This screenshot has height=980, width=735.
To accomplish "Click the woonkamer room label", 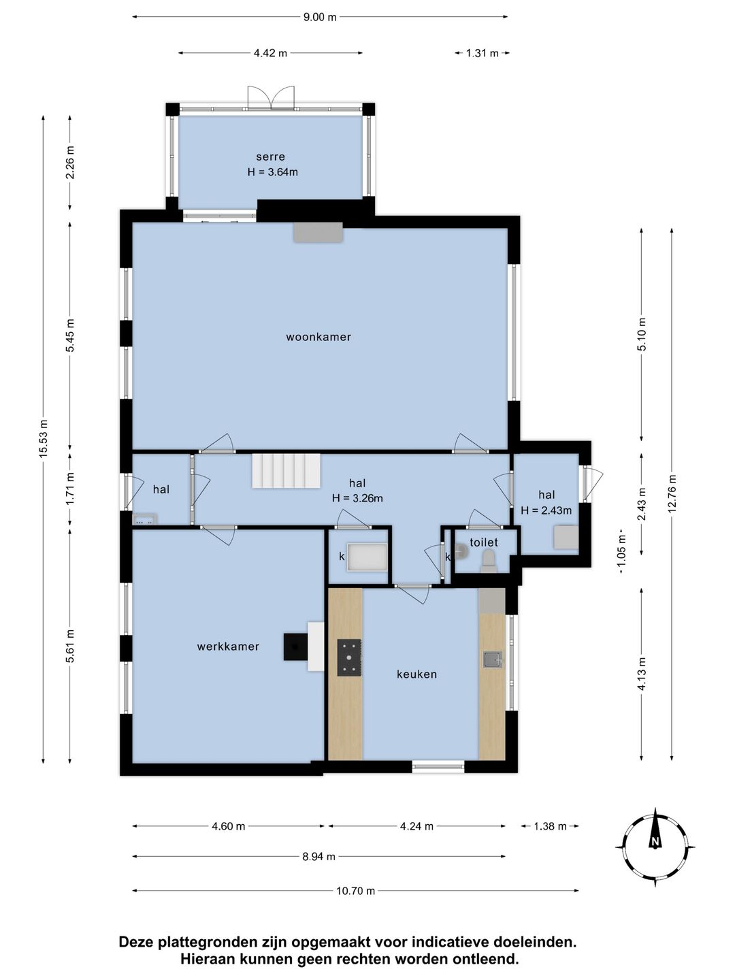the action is click(x=318, y=337).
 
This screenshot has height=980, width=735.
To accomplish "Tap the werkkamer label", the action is click(x=228, y=647).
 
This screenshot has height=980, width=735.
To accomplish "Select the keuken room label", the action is click(x=416, y=674).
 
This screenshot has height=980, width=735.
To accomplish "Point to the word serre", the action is click(x=270, y=157).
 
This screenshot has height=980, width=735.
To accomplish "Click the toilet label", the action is click(x=484, y=542).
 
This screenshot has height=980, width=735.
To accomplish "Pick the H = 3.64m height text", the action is click(x=272, y=172).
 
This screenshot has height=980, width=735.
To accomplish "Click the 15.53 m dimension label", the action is click(x=44, y=439).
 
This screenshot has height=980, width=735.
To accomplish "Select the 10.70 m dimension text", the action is click(x=355, y=891).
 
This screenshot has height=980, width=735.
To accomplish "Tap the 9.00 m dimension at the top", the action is click(x=320, y=18).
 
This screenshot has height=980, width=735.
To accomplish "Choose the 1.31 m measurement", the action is click(x=482, y=53).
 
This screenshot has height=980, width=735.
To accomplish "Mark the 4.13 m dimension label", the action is click(x=642, y=674).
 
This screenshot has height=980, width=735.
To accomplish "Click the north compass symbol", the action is click(x=655, y=847).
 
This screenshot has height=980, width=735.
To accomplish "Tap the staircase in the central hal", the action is click(x=287, y=471).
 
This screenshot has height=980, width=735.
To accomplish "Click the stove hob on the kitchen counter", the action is click(x=349, y=657).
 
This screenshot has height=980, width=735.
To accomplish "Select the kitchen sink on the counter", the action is click(x=493, y=659).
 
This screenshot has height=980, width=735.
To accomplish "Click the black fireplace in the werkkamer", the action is click(x=295, y=647).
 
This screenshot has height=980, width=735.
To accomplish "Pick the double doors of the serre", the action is click(x=271, y=98).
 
